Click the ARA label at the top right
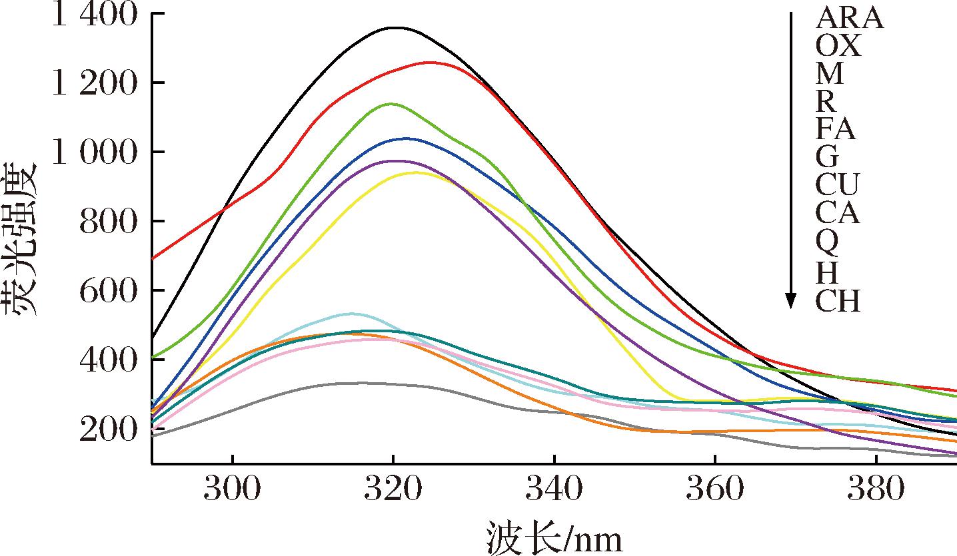pos(850,19)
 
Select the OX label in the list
pos(838,47)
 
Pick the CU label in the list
pos(837,184)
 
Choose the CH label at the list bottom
pos(838,302)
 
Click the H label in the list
pos(827,272)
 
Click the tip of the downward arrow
pos(790,308)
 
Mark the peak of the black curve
pos(395,28)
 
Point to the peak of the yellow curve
pos(415,172)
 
